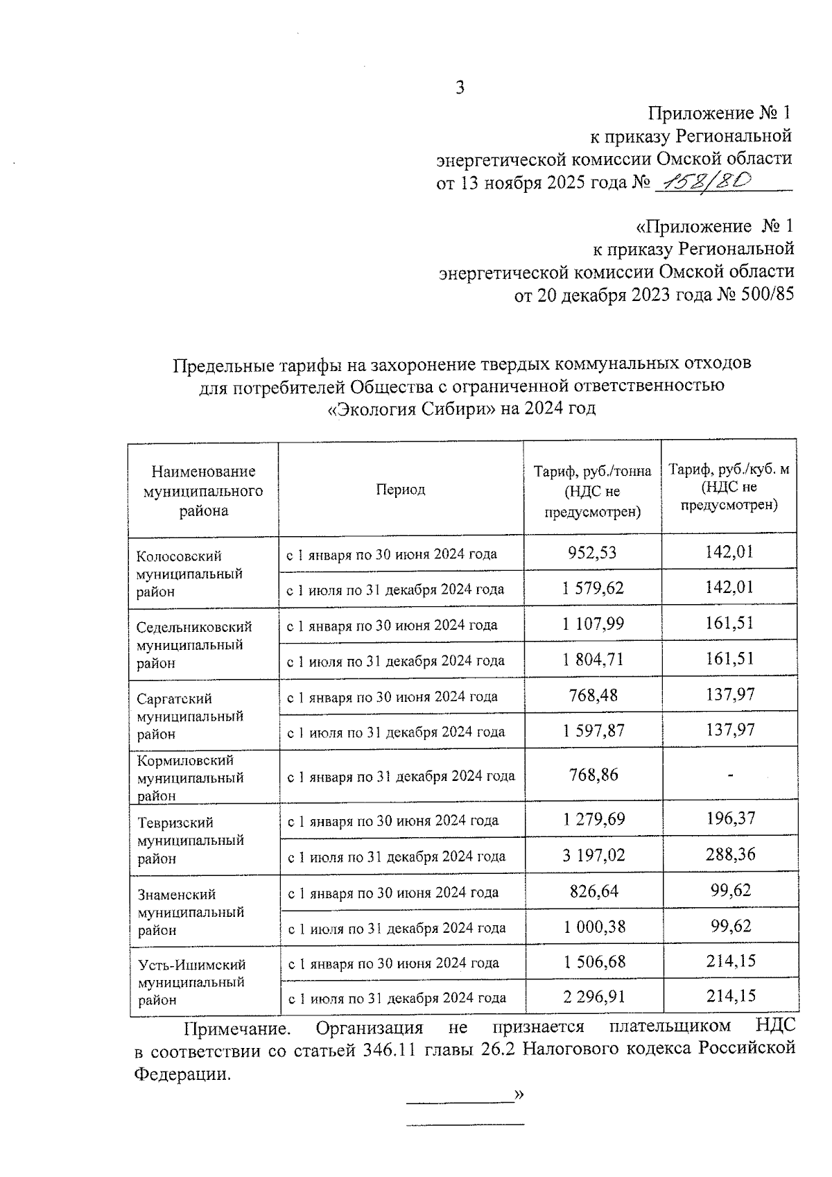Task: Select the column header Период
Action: click(x=401, y=490)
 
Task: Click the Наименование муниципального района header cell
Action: click(x=203, y=491)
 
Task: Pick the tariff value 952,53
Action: click(x=592, y=553)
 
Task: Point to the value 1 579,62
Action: click(x=593, y=588)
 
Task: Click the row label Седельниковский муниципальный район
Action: click(x=193, y=644)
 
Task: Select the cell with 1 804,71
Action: click(x=593, y=660)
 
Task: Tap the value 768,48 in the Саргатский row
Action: click(x=593, y=695)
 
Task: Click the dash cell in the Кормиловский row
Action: click(x=730, y=775)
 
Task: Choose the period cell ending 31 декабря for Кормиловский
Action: click(x=401, y=776)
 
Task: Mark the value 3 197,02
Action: click(x=593, y=855)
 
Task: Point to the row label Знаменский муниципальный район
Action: click(x=190, y=912)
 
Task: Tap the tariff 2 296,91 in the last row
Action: click(x=593, y=997)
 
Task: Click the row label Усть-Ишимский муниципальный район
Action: click(x=191, y=982)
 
